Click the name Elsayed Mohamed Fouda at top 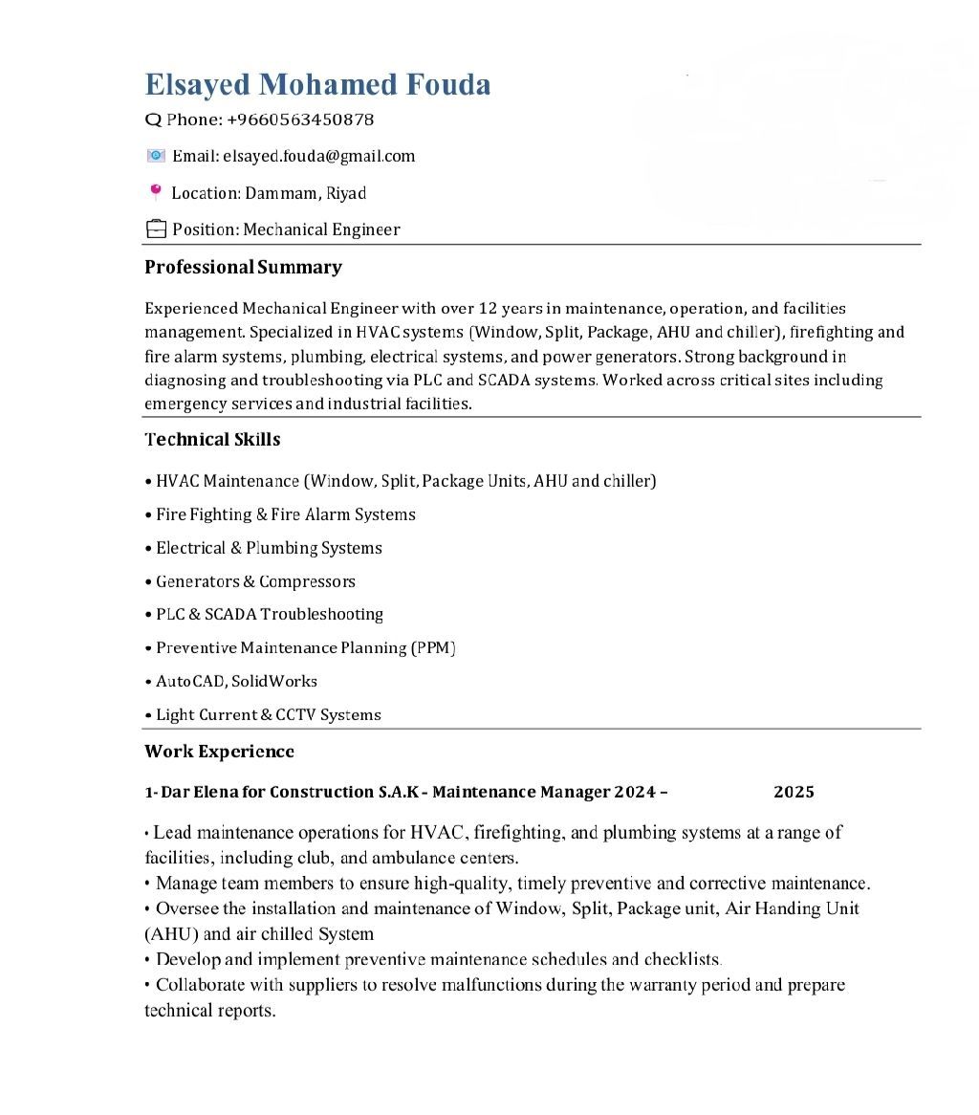coord(317,85)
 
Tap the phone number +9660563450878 coord(300,120)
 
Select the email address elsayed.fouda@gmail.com coord(318,156)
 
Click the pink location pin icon coord(155,192)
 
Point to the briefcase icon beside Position coord(155,230)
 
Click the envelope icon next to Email coord(156,156)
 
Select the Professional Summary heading coord(243,267)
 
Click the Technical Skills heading coord(212,440)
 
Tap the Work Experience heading coord(219,752)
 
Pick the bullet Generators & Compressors coord(255,581)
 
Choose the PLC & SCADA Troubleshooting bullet coord(270,614)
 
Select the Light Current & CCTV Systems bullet coord(268,714)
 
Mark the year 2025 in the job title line coord(794,792)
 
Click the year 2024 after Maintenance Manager coord(635,792)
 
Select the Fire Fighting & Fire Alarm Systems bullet coord(286,514)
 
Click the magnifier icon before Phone coord(153,120)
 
